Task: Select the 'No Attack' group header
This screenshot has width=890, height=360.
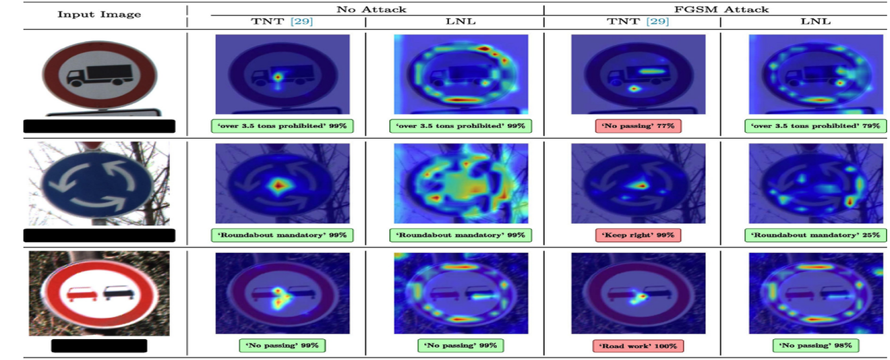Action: click(x=365, y=9)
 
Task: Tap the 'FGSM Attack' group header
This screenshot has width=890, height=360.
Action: click(x=721, y=9)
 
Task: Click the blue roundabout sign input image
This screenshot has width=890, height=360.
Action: click(x=98, y=183)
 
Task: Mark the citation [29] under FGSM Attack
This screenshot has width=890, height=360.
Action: click(x=661, y=22)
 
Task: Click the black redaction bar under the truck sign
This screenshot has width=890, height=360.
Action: click(x=99, y=125)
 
